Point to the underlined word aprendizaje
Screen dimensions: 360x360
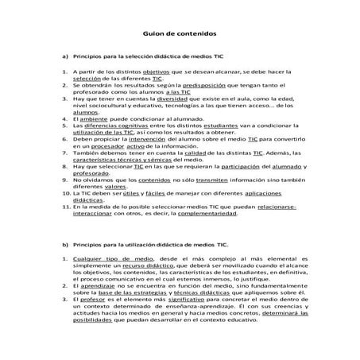(x=95, y=308)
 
